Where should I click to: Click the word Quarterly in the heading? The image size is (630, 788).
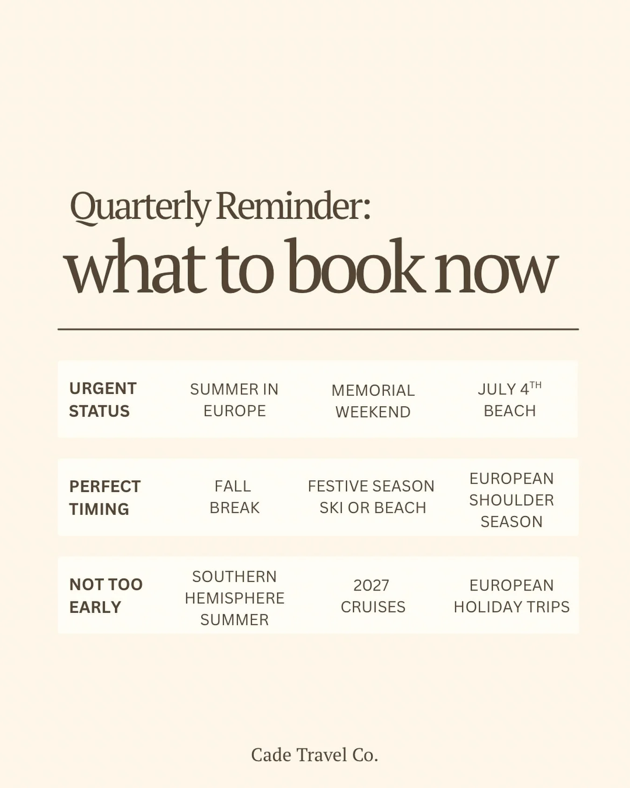coord(140,207)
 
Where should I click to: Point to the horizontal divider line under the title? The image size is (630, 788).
coord(318,329)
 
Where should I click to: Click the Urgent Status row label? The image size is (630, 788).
coord(103,400)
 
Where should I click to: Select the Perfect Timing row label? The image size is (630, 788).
coord(105,498)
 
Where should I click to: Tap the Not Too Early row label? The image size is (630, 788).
coord(106,596)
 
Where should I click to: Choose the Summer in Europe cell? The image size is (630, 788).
coord(234,400)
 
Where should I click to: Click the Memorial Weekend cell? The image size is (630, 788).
coord(373,401)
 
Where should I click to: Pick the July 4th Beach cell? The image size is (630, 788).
coord(510,400)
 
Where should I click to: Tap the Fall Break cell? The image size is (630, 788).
coord(234,497)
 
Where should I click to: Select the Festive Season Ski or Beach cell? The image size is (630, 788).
coord(371,497)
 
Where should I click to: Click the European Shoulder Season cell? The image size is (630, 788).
coord(511,500)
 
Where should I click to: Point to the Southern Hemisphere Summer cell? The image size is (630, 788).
coord(234,598)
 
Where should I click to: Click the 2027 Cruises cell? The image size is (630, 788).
coord(372,596)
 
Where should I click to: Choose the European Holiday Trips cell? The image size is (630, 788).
coord(511,596)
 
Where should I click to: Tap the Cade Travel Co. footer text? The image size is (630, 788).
coord(315,755)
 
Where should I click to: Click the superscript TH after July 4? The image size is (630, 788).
coord(536,385)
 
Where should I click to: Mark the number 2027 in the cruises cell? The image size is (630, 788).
coord(371,585)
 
